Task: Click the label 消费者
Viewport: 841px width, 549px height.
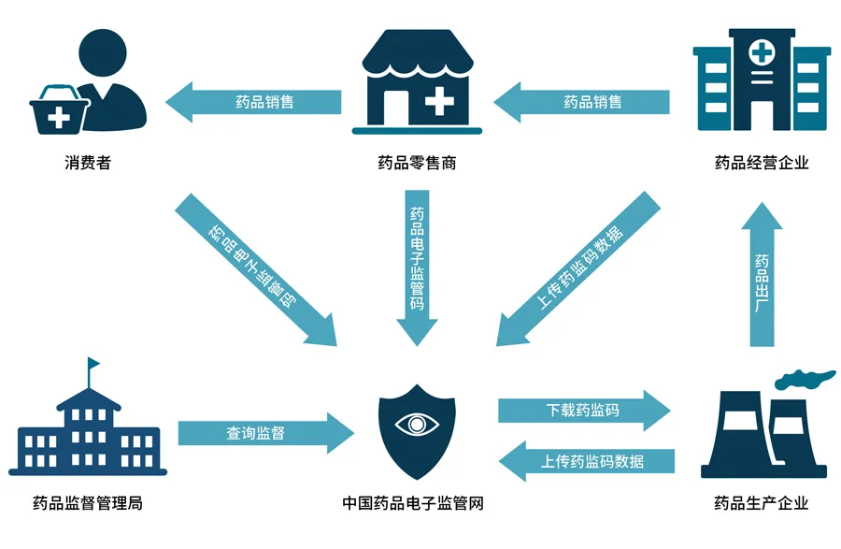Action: point(88,163)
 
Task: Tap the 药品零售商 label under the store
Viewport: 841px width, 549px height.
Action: point(417,163)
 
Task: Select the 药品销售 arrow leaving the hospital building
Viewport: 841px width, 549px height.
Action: point(583,102)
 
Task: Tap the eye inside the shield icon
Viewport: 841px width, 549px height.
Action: point(417,424)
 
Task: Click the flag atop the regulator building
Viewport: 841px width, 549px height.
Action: point(93,364)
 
